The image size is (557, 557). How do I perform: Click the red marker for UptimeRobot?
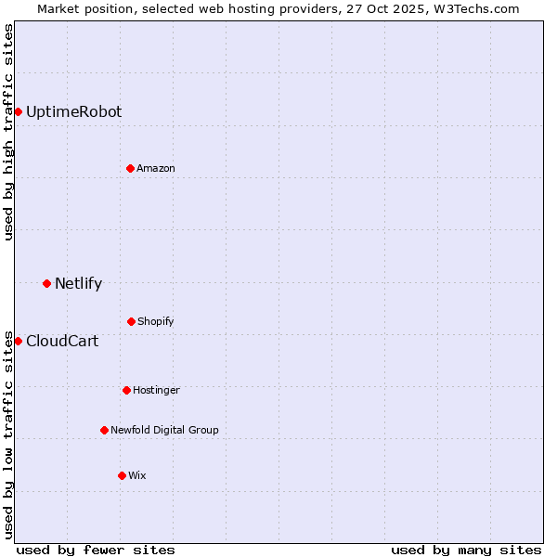pos(18,112)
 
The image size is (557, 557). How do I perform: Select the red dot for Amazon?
pos(130,168)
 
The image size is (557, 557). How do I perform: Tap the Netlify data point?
pos(46,283)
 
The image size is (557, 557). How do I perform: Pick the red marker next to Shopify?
pos(131,321)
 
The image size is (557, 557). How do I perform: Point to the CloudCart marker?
pos(18,341)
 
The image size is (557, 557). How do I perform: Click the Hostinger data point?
pos(126,390)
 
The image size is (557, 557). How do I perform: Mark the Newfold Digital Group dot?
pos(104,430)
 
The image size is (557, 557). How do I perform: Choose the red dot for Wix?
pos(122,475)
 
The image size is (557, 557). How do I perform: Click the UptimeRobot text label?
pos(73,112)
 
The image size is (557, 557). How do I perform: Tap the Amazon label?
pos(156,168)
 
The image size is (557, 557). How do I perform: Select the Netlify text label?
pos(78,284)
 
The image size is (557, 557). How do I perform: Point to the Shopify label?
pos(156,321)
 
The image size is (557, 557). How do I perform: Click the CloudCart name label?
pos(62,342)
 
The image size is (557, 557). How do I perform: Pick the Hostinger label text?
pos(156,390)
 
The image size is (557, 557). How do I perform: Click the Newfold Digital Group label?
pos(164,430)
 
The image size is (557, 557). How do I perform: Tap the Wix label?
pos(137,475)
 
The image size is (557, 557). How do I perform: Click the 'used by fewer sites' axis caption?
pos(96,550)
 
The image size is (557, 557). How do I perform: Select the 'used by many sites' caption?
pos(466,550)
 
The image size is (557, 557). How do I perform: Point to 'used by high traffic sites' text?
pos(8,132)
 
